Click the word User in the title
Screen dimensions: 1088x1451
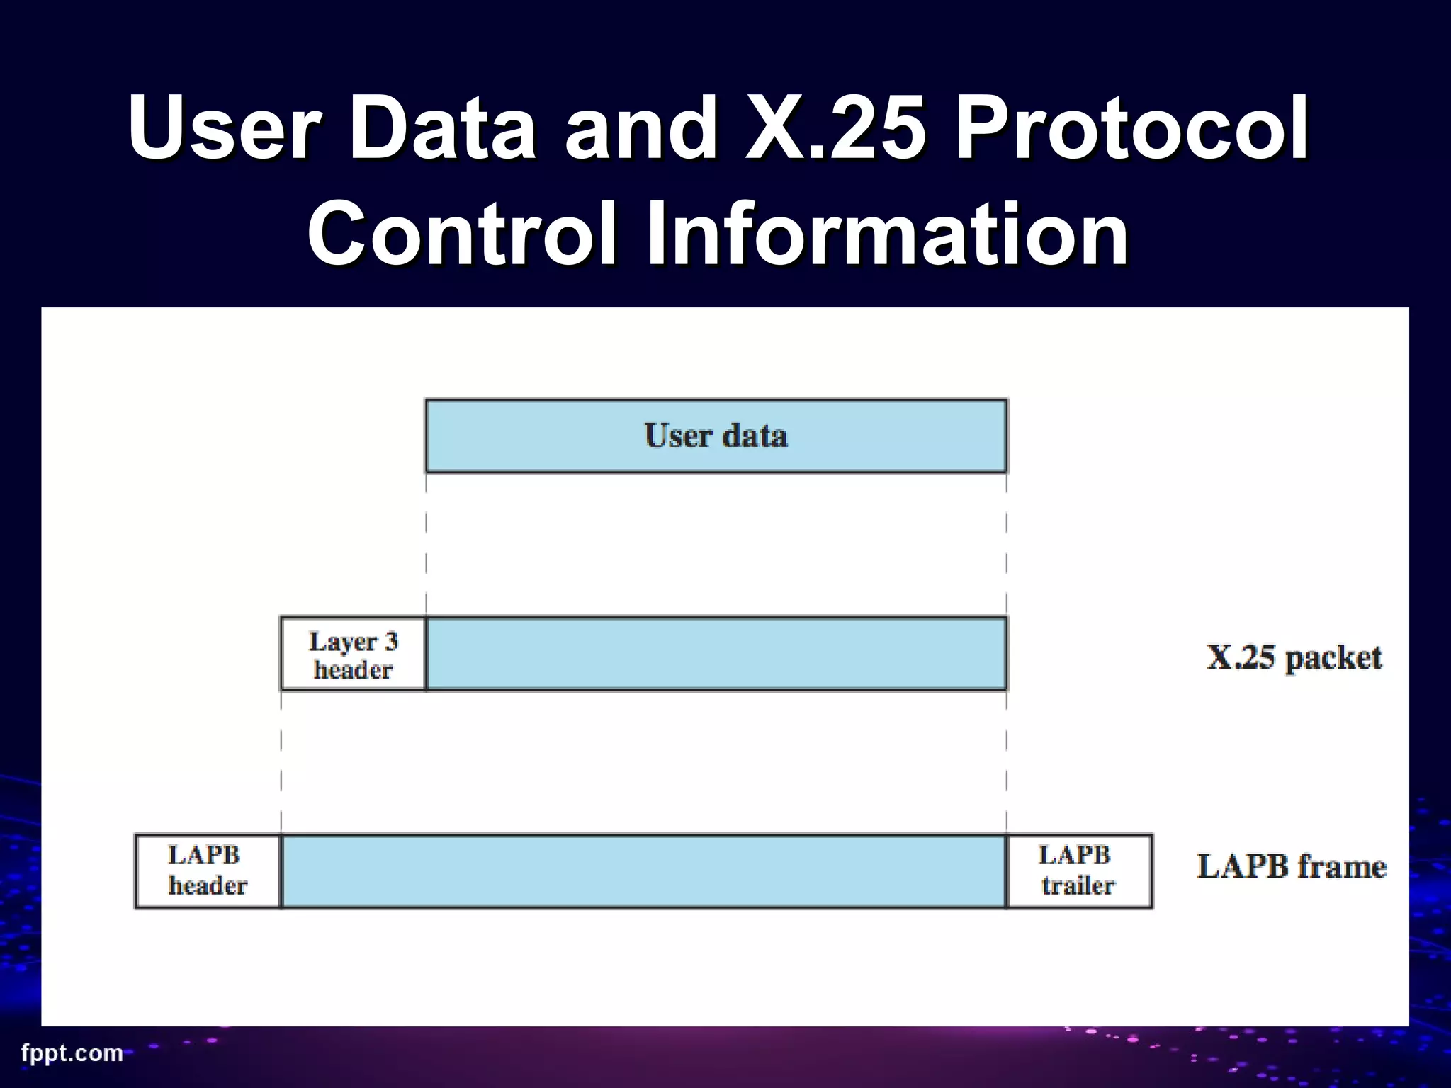tap(223, 129)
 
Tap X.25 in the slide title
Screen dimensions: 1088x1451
tap(836, 129)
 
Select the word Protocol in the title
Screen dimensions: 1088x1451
tap(1131, 129)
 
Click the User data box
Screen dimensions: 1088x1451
tap(716, 436)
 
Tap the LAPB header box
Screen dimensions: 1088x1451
tap(208, 871)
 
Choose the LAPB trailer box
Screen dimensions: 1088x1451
tap(1078, 871)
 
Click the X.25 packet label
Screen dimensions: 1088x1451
tap(1294, 657)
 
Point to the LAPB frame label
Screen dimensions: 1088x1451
tap(1291, 867)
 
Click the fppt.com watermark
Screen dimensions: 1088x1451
tap(72, 1053)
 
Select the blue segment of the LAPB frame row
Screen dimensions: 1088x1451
tap(643, 871)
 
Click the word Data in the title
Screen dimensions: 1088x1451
tap(441, 129)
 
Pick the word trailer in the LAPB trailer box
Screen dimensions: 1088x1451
tap(1078, 885)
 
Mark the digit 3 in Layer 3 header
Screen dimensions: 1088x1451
tap(390, 641)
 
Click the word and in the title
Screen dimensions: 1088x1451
tap(641, 129)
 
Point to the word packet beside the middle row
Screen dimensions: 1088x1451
tap(1333, 659)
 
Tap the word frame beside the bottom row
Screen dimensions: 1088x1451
tap(1342, 867)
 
